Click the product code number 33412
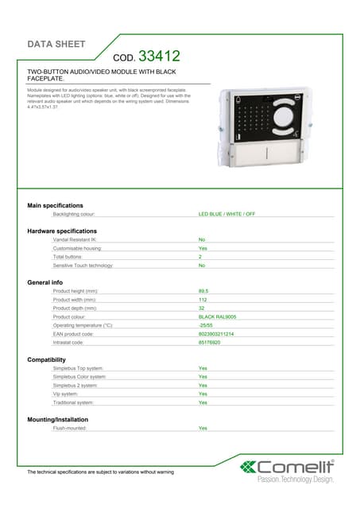[x=159, y=56]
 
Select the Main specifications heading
[x=55, y=205]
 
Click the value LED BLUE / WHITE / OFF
[x=226, y=214]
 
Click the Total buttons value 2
[x=200, y=257]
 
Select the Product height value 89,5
[x=203, y=291]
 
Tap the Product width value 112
[x=203, y=300]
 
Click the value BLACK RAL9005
[x=217, y=317]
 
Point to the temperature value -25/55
[x=205, y=325]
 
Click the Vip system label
[x=65, y=394]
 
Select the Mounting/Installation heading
[x=57, y=419]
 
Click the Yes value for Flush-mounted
[x=203, y=428]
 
